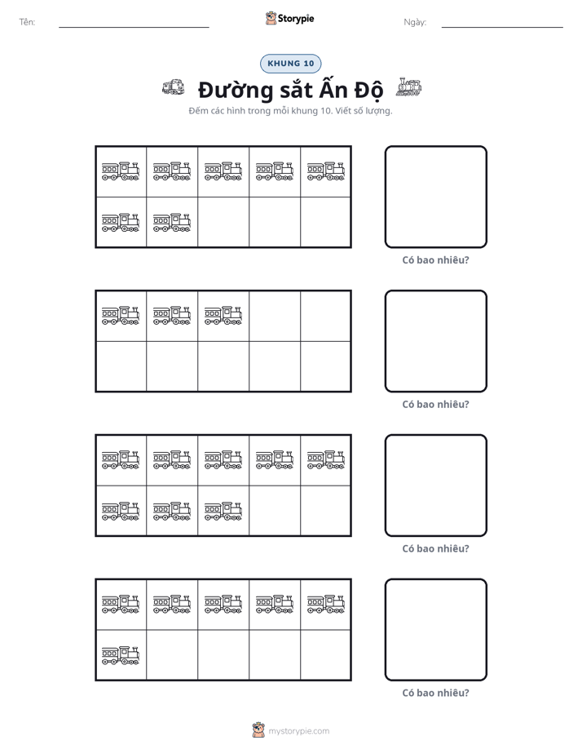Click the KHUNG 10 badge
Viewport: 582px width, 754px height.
tap(290, 64)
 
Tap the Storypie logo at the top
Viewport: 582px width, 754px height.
tap(290, 18)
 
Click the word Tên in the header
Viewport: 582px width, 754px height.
tap(26, 22)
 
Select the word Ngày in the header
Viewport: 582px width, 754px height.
tap(414, 22)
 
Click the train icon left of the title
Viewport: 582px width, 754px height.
tap(174, 87)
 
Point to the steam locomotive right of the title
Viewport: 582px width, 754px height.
tap(408, 87)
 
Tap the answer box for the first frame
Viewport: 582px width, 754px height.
tap(435, 197)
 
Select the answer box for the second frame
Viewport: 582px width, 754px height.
tap(435, 341)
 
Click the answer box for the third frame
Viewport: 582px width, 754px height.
tap(435, 486)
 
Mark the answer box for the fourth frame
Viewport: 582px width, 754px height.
tap(435, 630)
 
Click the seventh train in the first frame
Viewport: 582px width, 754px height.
tap(172, 222)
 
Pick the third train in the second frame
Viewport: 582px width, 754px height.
tap(223, 315)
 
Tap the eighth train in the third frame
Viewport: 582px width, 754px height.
tap(223, 511)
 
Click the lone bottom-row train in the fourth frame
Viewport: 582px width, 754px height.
tap(121, 655)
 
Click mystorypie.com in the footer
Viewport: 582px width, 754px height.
tap(298, 731)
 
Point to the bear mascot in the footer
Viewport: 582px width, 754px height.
tap(258, 730)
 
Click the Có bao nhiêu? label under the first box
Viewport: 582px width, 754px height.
tap(435, 260)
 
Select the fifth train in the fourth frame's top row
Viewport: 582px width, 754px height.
tap(326, 604)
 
